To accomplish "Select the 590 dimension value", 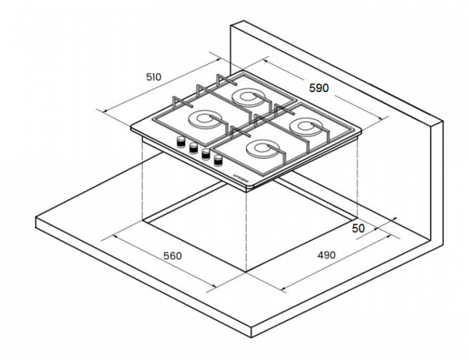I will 319,88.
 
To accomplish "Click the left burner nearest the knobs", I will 203,119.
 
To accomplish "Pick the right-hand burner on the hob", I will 303,124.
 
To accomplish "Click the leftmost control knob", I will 181,142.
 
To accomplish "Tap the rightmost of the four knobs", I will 217,159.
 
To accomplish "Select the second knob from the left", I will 193,148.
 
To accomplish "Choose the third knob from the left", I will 206,154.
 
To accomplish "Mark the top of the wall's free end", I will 442,121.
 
